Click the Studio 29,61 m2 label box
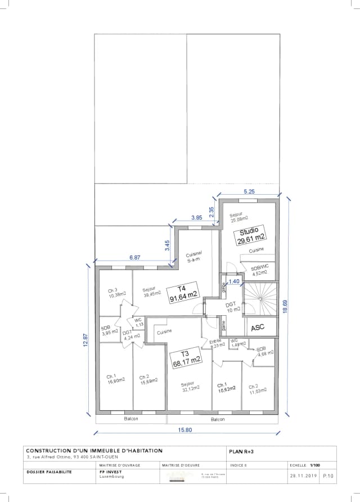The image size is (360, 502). pos(249,235)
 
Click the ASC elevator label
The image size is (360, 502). pos(257,326)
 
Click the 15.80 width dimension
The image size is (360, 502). pos(186,430)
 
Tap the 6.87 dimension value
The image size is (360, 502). pos(135,257)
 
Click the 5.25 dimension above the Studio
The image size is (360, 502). pos(249,191)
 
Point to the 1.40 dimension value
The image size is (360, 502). pos(234,281)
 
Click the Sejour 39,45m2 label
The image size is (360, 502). pos(151,291)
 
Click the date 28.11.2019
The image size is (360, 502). pos(304,476)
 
